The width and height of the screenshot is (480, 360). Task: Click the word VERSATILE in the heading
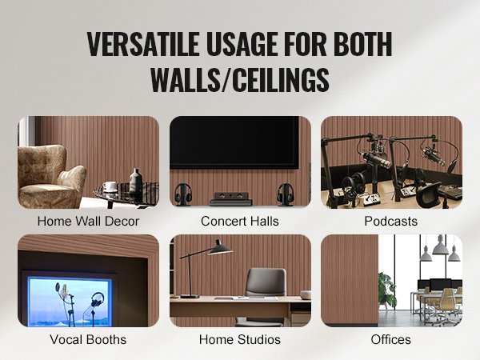coord(143,44)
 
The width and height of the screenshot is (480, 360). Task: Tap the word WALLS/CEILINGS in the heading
coord(240,80)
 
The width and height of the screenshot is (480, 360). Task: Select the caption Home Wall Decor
coord(88,221)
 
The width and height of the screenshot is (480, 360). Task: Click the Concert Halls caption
coord(240,221)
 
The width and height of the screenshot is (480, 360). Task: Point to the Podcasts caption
coord(391,221)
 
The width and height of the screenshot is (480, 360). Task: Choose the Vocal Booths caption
coord(88,339)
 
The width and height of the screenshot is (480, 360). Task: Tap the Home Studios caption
coord(240,339)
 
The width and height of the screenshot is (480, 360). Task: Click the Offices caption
coord(391,339)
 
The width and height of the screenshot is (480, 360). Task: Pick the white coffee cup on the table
coord(110,186)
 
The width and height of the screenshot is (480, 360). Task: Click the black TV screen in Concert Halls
coord(234,142)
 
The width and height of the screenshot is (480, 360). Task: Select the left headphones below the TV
coord(183,194)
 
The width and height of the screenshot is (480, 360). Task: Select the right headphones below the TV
coord(286,194)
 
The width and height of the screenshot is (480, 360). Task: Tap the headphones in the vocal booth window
coord(97,299)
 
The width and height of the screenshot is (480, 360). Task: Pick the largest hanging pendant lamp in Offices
coord(441,246)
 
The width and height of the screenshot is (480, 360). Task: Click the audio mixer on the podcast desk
coord(450,192)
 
